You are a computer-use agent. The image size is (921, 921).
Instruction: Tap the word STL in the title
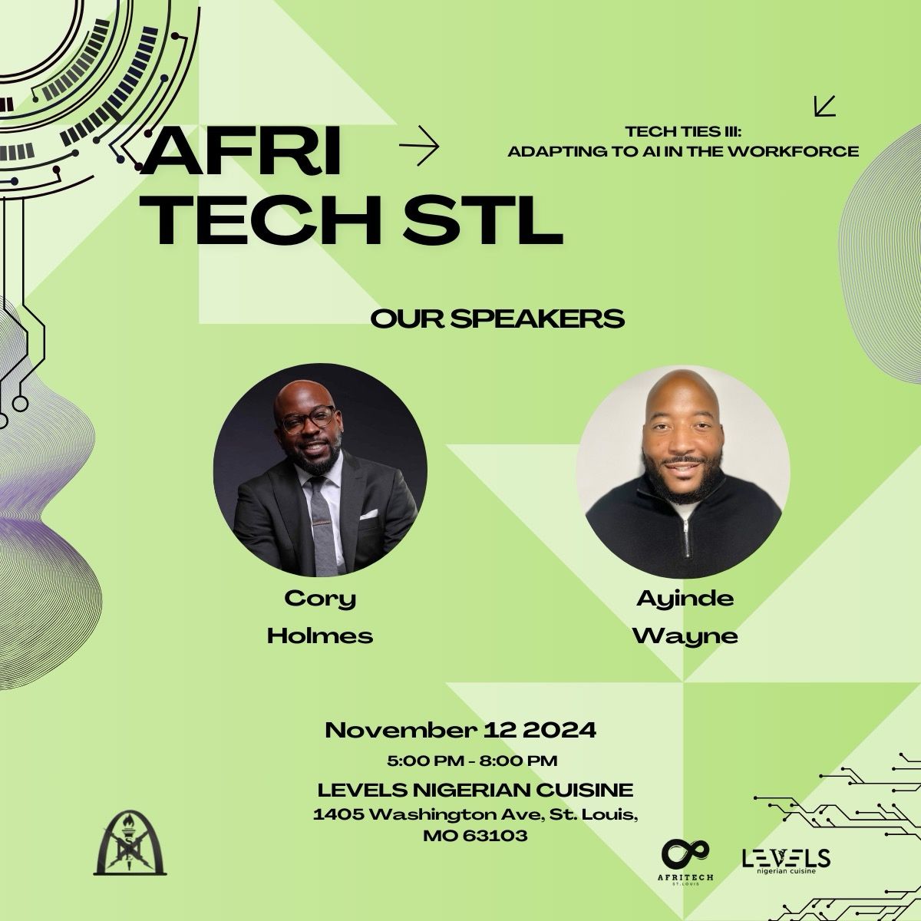pyautogui.click(x=483, y=221)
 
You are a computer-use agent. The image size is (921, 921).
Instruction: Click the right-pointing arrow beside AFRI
pyautogui.click(x=419, y=146)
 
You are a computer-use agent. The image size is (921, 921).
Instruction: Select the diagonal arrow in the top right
pyautogui.click(x=825, y=106)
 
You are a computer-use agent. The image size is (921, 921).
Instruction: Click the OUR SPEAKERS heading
pyautogui.click(x=497, y=319)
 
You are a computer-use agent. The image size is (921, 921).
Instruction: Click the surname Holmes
pyautogui.click(x=320, y=635)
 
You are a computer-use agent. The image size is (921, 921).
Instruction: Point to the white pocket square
pyautogui.click(x=368, y=514)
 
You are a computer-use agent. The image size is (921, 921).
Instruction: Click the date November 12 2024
pyautogui.click(x=460, y=730)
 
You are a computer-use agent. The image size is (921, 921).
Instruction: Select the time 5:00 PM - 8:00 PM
pyautogui.click(x=472, y=761)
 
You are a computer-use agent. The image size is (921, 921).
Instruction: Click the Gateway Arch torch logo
pyautogui.click(x=130, y=843)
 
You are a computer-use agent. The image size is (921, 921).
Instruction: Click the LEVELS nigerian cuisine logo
pyautogui.click(x=786, y=860)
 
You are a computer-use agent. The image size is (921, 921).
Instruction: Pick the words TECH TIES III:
pyautogui.click(x=684, y=131)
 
